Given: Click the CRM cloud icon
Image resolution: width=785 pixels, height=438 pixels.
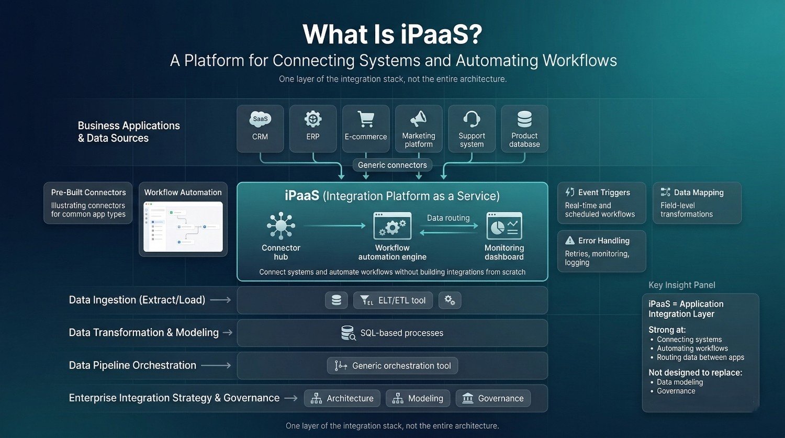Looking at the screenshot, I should tap(260, 119).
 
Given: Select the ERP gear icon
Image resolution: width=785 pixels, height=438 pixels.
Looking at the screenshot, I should tap(313, 119).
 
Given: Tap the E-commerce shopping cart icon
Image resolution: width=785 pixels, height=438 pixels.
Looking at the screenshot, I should tap(366, 119).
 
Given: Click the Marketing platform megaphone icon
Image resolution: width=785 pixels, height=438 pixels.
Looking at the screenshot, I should tap(418, 119).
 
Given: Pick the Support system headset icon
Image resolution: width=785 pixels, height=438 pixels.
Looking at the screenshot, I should tap(472, 119).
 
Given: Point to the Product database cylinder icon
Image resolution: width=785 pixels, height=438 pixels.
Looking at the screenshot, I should tap(524, 119).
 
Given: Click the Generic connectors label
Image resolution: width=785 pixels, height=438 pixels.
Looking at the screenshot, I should tap(392, 165).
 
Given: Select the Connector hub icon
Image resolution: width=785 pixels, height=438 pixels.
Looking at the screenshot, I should tap(281, 226).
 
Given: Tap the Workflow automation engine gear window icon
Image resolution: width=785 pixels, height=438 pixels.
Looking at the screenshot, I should tap(392, 226).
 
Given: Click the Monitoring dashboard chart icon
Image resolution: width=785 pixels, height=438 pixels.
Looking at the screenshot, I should tap(504, 226).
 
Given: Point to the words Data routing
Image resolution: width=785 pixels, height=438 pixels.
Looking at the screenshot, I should tap(448, 218).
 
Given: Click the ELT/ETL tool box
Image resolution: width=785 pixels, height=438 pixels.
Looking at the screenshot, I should tap(393, 300).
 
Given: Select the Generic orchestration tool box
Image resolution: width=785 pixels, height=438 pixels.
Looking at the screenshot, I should tap(392, 366).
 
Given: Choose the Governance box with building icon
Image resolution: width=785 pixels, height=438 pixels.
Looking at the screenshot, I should tap(493, 398).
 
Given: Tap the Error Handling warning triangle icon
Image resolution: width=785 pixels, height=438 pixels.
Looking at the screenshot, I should tap(570, 241).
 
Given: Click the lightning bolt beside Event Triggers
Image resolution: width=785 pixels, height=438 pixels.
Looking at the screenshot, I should tap(570, 193).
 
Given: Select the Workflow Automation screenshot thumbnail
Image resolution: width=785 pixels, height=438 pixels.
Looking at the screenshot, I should tap(183, 227).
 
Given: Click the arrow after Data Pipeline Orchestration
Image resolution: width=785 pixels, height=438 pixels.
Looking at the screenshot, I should tap(216, 366).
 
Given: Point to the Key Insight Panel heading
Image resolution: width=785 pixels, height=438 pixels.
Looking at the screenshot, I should tap(681, 285).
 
